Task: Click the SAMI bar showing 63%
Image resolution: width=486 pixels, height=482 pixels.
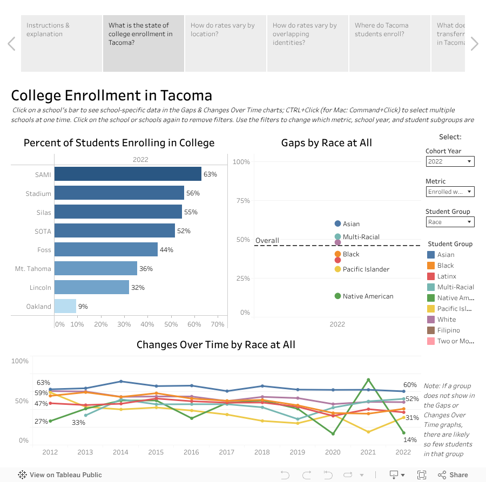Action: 127,174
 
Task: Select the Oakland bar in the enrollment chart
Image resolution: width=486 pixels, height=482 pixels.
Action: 65,306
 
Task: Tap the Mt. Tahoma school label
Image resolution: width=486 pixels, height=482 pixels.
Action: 33,269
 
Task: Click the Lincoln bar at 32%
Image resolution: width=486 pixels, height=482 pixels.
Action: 92,287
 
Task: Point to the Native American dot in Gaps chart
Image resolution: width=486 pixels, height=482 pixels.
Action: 338,296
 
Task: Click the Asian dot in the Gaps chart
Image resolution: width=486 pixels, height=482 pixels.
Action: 338,223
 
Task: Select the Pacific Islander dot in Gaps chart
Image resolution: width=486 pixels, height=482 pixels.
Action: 338,269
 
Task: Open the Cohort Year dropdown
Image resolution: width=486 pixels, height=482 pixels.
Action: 450,161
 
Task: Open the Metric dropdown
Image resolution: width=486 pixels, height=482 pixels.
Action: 450,192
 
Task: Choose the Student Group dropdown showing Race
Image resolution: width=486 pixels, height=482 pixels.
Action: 450,222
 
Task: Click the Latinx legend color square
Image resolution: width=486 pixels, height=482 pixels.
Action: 431,276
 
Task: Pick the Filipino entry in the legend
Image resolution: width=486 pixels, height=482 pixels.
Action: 449,330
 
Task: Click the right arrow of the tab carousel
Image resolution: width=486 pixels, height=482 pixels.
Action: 474,44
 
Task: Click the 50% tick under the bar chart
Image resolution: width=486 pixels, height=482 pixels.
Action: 171,324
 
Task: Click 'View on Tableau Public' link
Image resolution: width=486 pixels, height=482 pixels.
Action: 60,475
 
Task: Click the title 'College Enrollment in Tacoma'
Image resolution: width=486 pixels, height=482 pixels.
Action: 112,96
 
